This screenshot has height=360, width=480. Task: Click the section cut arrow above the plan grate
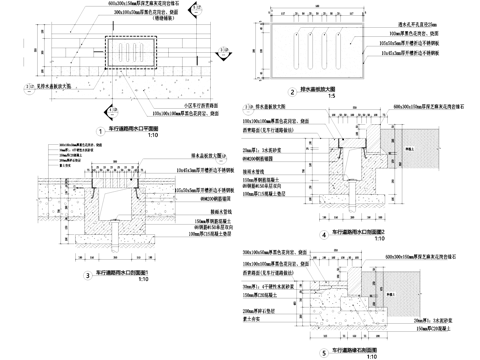[x=129, y=14]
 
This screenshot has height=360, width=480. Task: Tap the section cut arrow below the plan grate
[x=129, y=103]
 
